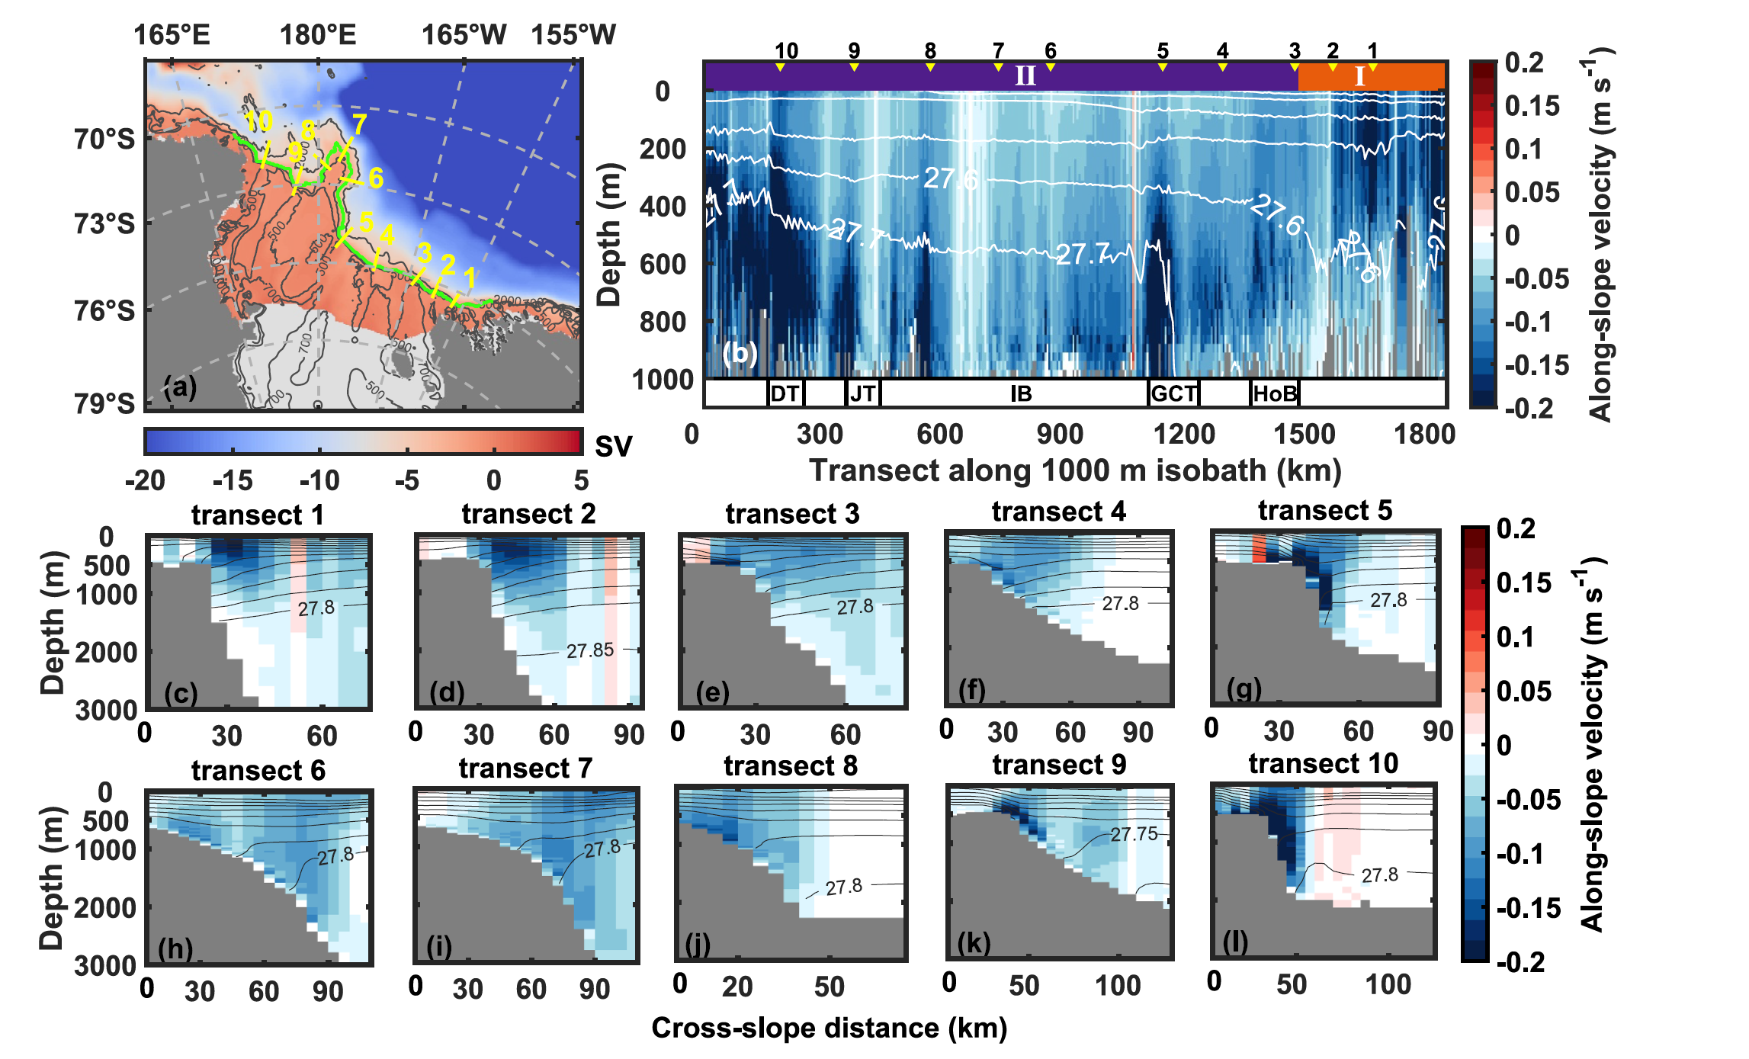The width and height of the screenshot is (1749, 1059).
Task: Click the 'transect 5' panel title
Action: click(x=1324, y=510)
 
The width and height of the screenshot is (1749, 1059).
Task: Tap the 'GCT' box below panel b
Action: click(x=1173, y=393)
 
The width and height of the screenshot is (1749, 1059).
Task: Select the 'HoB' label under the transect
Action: click(x=1275, y=393)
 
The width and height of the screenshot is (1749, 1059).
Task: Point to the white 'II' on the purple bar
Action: click(x=1025, y=76)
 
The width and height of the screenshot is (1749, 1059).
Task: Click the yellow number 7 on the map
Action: click(x=359, y=124)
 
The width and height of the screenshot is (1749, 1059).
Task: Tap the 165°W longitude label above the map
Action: click(x=464, y=35)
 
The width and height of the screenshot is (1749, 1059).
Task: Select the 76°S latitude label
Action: click(x=104, y=311)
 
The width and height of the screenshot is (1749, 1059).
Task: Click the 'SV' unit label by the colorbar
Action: click(x=613, y=447)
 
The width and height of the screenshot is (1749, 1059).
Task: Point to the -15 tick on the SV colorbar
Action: click(x=233, y=480)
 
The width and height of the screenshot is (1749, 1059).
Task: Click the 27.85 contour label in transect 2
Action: click(x=589, y=650)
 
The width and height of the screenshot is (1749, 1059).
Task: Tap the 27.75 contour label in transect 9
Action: click(x=1134, y=834)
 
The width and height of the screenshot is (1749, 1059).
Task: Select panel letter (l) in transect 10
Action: click(x=1235, y=943)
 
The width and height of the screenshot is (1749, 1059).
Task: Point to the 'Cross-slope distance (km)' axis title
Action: click(x=829, y=1028)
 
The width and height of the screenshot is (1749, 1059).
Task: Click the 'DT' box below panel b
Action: click(x=785, y=393)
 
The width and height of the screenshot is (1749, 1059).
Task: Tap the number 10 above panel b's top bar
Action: click(x=786, y=51)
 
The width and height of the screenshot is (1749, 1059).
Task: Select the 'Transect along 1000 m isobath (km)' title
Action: click(x=1075, y=470)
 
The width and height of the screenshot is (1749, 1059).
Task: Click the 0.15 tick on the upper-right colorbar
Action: click(x=1532, y=106)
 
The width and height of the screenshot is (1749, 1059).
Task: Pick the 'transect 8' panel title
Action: click(x=791, y=765)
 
